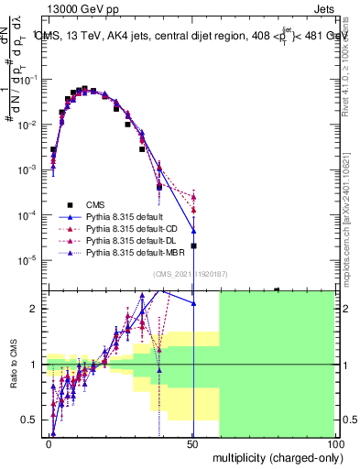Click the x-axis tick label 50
pos(192,443)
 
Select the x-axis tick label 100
pos(334,443)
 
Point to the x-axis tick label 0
pos(49,443)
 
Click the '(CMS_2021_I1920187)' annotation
pos(191,274)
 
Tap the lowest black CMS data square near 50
pos(193,245)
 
